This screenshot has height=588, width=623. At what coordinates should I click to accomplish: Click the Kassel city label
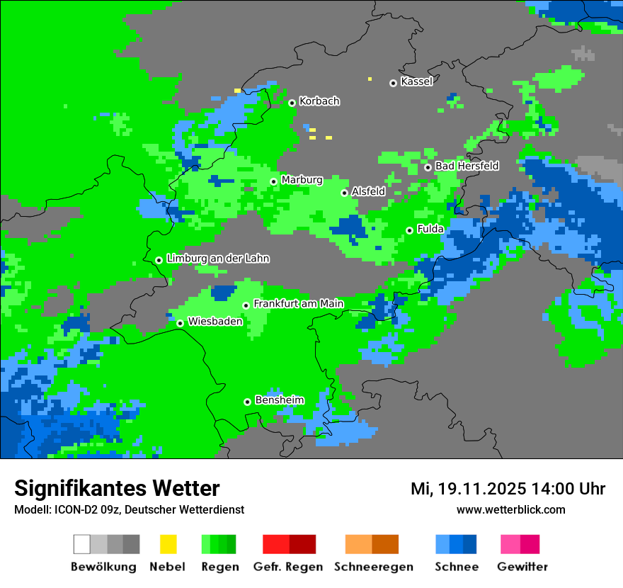(416, 81)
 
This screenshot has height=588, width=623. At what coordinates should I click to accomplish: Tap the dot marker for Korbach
(292, 103)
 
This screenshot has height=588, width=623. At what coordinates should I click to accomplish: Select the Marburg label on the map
(302, 180)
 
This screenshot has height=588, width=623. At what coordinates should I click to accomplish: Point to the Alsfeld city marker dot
(345, 193)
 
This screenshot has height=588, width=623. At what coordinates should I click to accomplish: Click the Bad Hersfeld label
(467, 166)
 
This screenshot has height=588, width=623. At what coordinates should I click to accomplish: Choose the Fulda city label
(430, 229)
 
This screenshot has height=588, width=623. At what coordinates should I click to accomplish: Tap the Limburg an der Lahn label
(217, 259)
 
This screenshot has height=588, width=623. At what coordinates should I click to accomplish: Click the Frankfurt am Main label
(298, 304)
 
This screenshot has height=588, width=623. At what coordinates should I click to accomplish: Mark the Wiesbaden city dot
(180, 323)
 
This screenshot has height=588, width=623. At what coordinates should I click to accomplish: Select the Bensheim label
(279, 400)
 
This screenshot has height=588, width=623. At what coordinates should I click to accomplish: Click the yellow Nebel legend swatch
(168, 544)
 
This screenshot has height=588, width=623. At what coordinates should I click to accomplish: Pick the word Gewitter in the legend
(522, 567)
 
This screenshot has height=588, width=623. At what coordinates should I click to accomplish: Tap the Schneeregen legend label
(373, 567)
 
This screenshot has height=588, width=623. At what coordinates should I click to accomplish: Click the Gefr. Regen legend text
(288, 567)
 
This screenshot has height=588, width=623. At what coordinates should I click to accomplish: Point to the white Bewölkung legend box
(82, 544)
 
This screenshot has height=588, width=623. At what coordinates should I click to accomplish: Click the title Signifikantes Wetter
(117, 489)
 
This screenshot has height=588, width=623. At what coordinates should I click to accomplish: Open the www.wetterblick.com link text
(510, 510)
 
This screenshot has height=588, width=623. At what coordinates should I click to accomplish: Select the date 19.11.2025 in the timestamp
(481, 489)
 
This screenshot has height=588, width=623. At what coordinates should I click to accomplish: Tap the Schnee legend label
(456, 567)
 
